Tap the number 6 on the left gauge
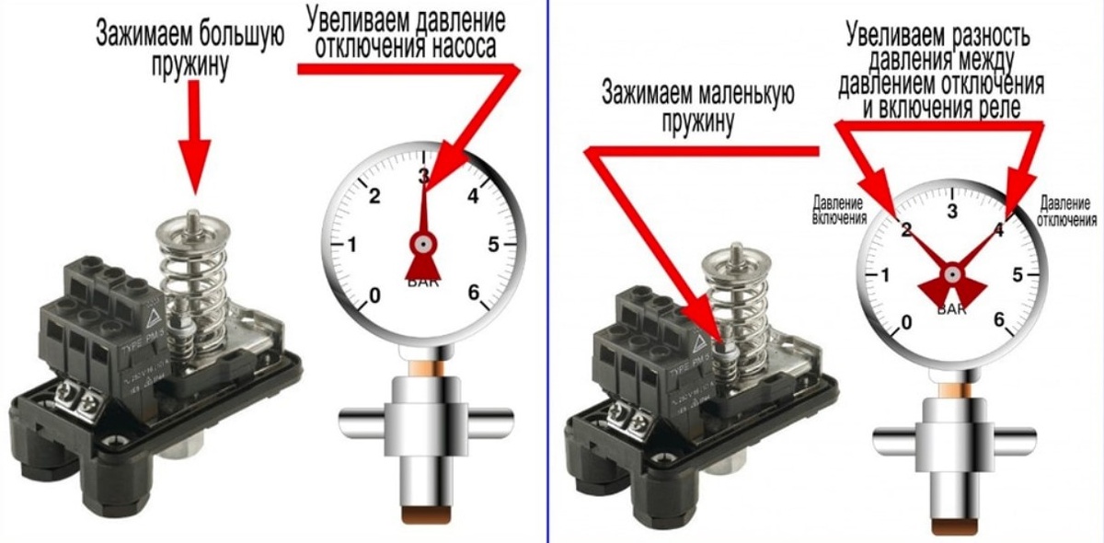[x=475, y=293]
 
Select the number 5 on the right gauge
[x=1018, y=274]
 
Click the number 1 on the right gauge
[x=885, y=275]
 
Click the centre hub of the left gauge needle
[x=423, y=245]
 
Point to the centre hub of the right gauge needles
[x=952, y=273]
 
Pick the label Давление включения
[x=839, y=210]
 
